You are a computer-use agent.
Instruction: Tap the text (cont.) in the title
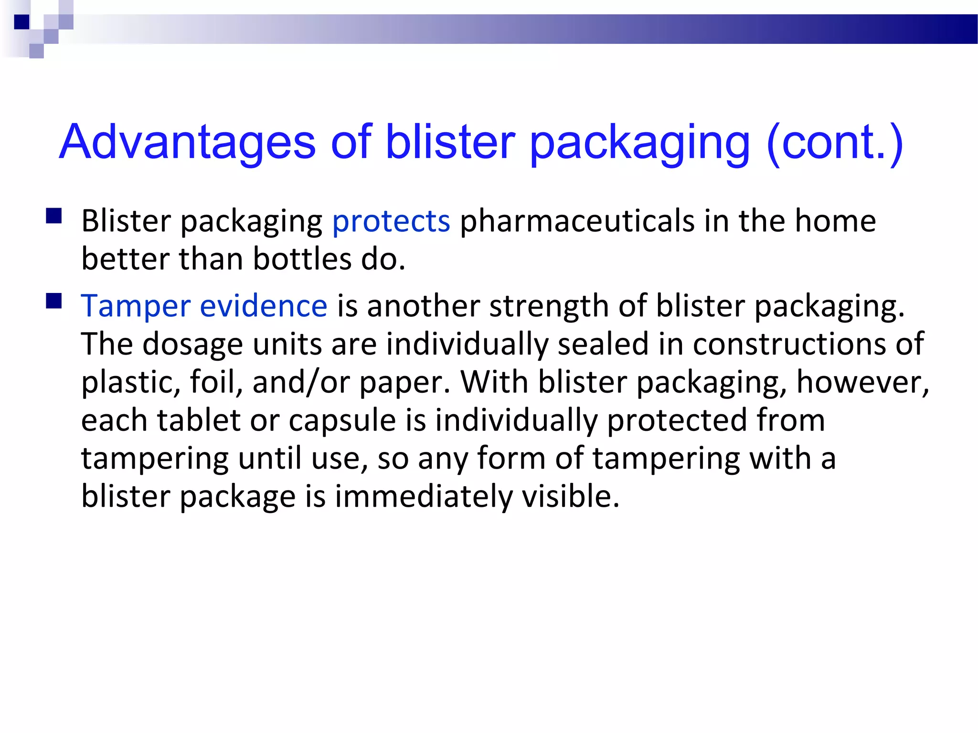pos(834,142)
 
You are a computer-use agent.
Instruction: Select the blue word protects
pos(391,221)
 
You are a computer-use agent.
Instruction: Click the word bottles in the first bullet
pos(302,259)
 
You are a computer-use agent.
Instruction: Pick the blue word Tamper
pos(136,306)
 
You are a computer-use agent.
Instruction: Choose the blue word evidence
pos(263,306)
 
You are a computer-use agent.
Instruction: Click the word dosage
pos(192,345)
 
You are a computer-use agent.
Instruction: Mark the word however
pos(862,382)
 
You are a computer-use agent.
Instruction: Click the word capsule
pos(342,420)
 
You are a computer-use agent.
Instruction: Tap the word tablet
pos(199,420)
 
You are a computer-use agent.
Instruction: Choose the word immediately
pos(423,496)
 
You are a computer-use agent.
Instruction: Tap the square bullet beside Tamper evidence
pos(54,301)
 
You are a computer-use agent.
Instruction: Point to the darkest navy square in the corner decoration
pos(21,22)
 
